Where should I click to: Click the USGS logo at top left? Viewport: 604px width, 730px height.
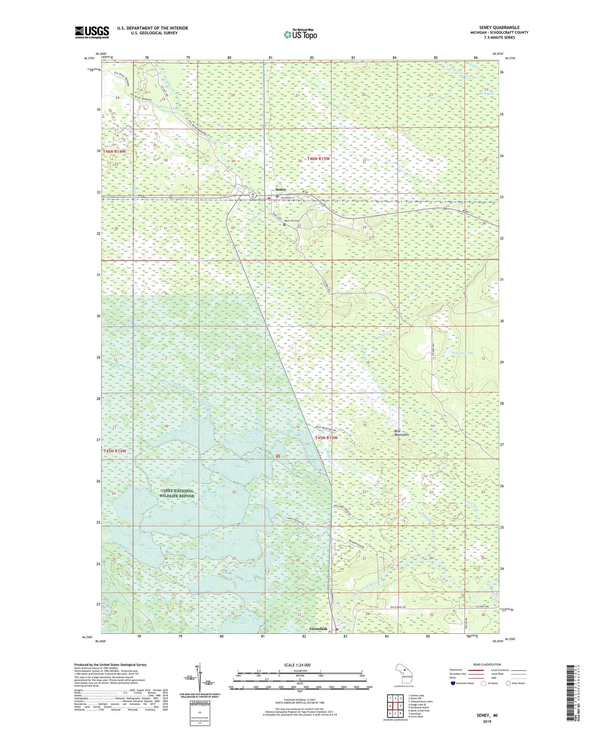point(92,32)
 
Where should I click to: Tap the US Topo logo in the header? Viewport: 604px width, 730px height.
point(300,34)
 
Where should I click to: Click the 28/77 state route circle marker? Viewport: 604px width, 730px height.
point(252,195)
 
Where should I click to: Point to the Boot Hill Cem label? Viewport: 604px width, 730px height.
point(292,221)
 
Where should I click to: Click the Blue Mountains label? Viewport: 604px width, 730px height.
point(401,433)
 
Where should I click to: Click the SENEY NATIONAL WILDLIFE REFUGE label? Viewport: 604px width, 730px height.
point(177,493)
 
